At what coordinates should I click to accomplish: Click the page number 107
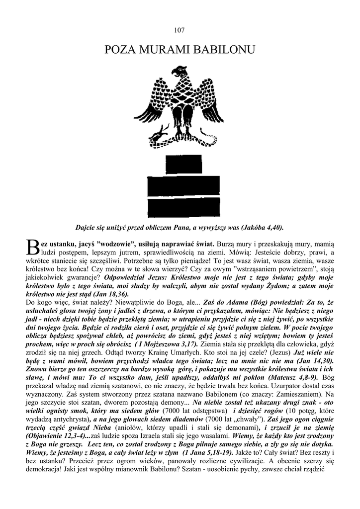click(180, 30)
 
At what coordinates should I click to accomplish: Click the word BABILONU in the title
click(224, 50)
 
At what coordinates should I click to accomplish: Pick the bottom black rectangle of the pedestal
click(180, 205)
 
